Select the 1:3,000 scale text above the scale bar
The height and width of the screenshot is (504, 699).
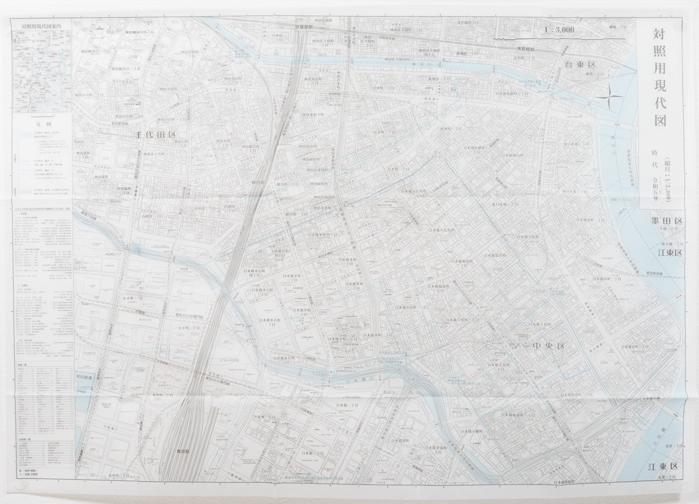(559, 30)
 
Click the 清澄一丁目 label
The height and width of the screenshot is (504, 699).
(673, 446)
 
